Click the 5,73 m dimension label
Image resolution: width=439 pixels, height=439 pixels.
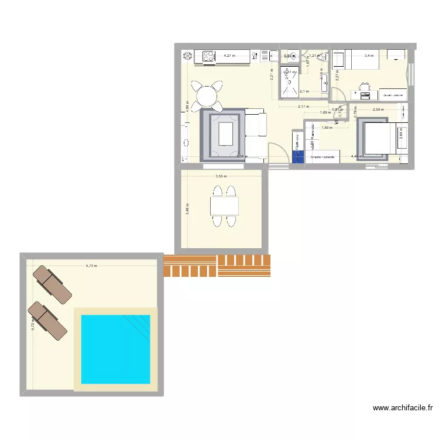coord(91,266)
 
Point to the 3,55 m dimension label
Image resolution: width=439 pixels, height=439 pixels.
coord(221,176)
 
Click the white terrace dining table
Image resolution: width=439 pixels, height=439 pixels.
coord(224,205)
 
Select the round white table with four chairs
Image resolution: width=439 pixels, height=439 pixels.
coord(208,95)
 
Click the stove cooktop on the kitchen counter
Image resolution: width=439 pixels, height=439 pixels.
coord(209,56)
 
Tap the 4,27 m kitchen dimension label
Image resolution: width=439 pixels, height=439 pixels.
coord(229,56)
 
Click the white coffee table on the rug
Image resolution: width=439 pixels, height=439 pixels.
coord(229,133)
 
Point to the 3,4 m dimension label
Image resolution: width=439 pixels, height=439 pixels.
coord(369,56)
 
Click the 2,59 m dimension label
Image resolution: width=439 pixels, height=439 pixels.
coord(378,109)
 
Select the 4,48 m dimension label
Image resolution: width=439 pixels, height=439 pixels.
coord(356,156)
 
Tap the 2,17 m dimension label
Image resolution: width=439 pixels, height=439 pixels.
coord(303,107)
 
